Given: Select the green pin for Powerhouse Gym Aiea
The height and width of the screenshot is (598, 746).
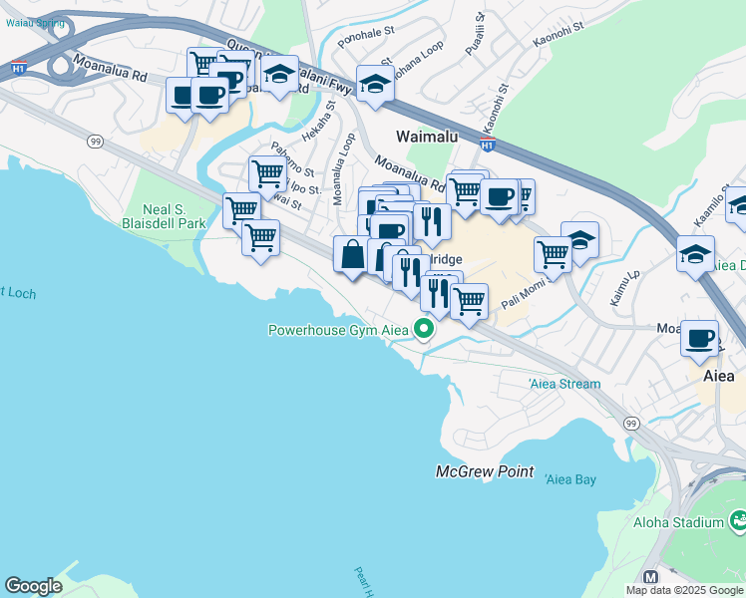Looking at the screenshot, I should click(424, 328).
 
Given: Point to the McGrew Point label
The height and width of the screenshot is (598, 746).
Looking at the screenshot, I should click(485, 471).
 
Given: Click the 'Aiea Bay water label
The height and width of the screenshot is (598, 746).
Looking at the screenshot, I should click(570, 480).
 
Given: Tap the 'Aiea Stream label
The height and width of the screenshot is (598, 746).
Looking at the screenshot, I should click(564, 384).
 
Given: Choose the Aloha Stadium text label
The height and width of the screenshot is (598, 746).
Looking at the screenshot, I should click(678, 522).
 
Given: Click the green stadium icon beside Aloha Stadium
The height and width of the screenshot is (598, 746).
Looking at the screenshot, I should click(738, 520).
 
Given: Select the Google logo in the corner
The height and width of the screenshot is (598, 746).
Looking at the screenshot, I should click(33, 585).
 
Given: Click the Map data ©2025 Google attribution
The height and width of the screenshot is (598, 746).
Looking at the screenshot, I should click(684, 590).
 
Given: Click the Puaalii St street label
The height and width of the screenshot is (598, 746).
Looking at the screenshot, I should click(479, 31).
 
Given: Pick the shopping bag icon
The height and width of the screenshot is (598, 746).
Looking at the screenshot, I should click(351, 254).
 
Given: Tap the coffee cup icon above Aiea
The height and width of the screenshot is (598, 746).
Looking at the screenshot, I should click(700, 337).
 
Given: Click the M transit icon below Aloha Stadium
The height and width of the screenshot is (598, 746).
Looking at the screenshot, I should click(651, 577).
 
